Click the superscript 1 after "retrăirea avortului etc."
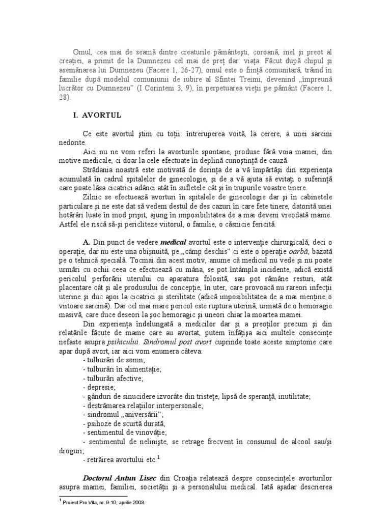click(159, 458)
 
